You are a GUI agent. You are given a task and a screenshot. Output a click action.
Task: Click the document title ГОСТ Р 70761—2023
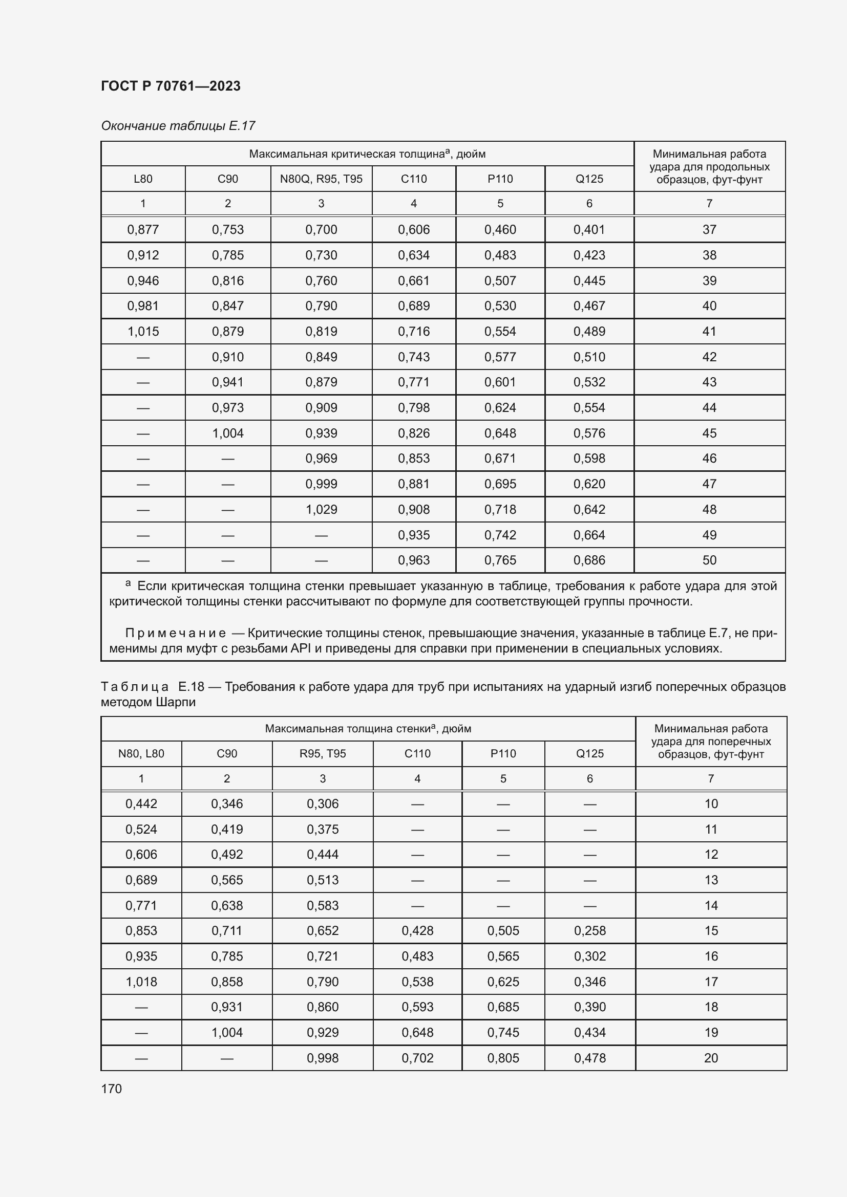click(171, 86)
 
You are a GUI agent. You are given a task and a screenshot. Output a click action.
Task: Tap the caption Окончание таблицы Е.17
click(178, 126)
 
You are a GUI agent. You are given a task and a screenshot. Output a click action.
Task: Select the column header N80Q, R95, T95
click(321, 179)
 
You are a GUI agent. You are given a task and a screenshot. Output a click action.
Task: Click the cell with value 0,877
click(143, 229)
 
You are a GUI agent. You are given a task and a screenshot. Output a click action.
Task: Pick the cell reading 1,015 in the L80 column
click(143, 332)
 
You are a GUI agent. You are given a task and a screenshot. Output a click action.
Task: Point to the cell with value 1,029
click(321, 509)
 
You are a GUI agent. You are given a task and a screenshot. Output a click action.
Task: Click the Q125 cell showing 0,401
click(589, 229)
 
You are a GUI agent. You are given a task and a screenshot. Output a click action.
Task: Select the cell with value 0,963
click(414, 560)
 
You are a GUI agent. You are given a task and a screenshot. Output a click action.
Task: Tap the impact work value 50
click(709, 560)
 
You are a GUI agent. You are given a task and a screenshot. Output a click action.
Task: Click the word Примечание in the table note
click(175, 634)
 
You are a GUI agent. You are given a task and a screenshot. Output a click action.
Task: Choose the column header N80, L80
click(141, 754)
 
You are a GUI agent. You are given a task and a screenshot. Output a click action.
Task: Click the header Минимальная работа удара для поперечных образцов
click(711, 742)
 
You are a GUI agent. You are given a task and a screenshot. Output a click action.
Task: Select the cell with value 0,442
click(141, 804)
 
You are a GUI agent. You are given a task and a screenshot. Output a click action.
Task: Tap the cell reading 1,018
click(141, 982)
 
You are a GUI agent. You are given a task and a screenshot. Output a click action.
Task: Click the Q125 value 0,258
click(590, 930)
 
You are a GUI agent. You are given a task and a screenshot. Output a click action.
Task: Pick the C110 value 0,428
click(417, 930)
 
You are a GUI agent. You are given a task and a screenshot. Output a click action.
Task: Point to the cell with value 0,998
click(322, 1058)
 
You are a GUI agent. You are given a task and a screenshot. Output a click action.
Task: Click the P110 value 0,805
click(503, 1058)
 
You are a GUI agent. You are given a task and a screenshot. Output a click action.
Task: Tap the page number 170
click(112, 1089)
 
